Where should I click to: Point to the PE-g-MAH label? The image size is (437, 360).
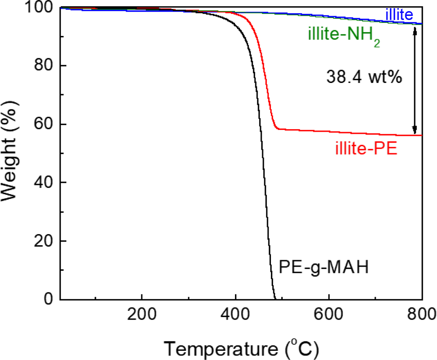[x=324, y=267]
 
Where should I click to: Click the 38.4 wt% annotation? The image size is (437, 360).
[x=364, y=78]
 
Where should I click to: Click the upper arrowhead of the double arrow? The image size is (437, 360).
[x=415, y=32]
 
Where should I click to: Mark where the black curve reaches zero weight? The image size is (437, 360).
[x=275, y=299]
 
